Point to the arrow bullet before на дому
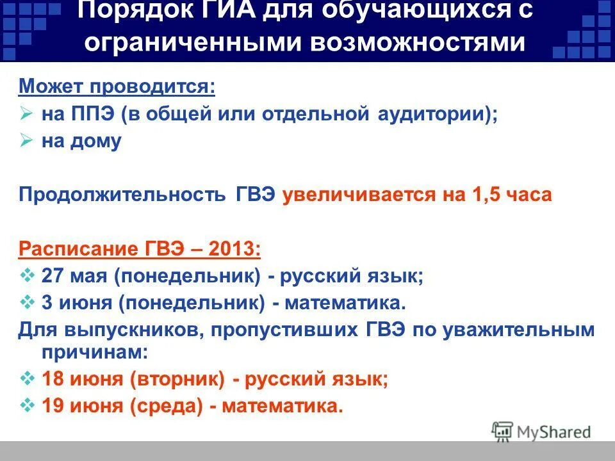pyautogui.click(x=26, y=141)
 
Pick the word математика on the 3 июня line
pyautogui.click(x=338, y=302)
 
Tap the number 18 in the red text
pyautogui.click(x=54, y=379)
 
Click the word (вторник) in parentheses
pyautogui.click(x=177, y=379)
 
